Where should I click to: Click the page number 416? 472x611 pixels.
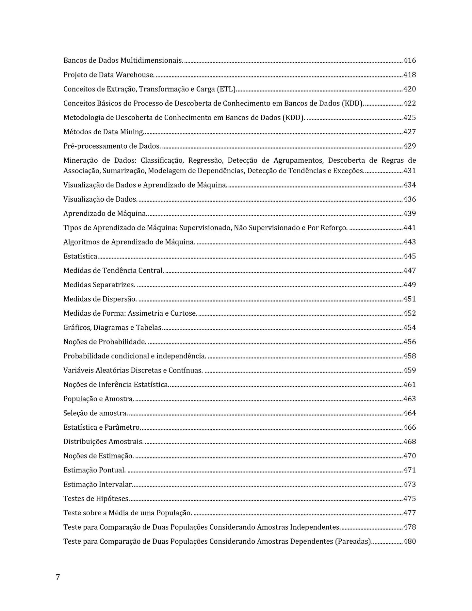point(410,60)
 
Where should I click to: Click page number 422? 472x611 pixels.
point(410,103)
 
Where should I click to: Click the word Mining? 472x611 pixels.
point(132,132)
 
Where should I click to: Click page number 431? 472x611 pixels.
point(410,171)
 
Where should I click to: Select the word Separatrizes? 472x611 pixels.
point(114,285)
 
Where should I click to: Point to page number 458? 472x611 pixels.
point(410,356)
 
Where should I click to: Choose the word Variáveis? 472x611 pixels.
point(78,371)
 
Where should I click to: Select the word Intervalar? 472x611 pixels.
point(116,485)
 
